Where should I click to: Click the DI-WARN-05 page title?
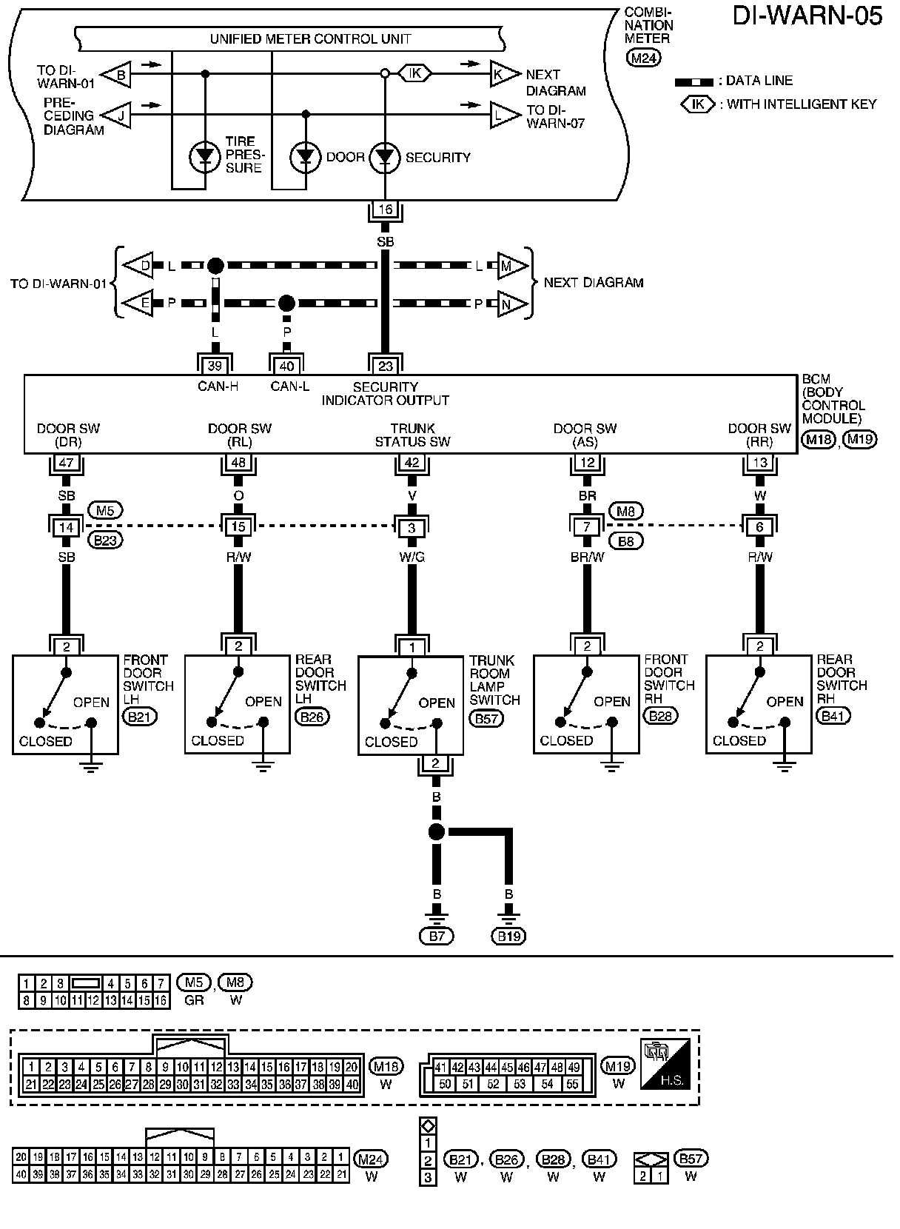(x=808, y=16)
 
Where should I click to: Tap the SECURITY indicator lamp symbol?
(x=385, y=158)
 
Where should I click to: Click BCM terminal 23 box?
(x=385, y=366)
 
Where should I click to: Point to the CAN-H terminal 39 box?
(x=215, y=366)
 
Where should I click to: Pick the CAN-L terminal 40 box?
(x=286, y=366)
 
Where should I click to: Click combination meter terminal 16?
(x=385, y=210)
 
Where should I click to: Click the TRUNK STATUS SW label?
(x=412, y=435)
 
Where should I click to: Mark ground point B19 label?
(x=508, y=937)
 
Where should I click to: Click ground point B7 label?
(x=437, y=937)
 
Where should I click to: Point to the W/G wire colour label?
(x=412, y=557)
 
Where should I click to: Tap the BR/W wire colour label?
(x=587, y=557)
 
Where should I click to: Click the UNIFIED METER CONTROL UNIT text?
(x=310, y=38)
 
